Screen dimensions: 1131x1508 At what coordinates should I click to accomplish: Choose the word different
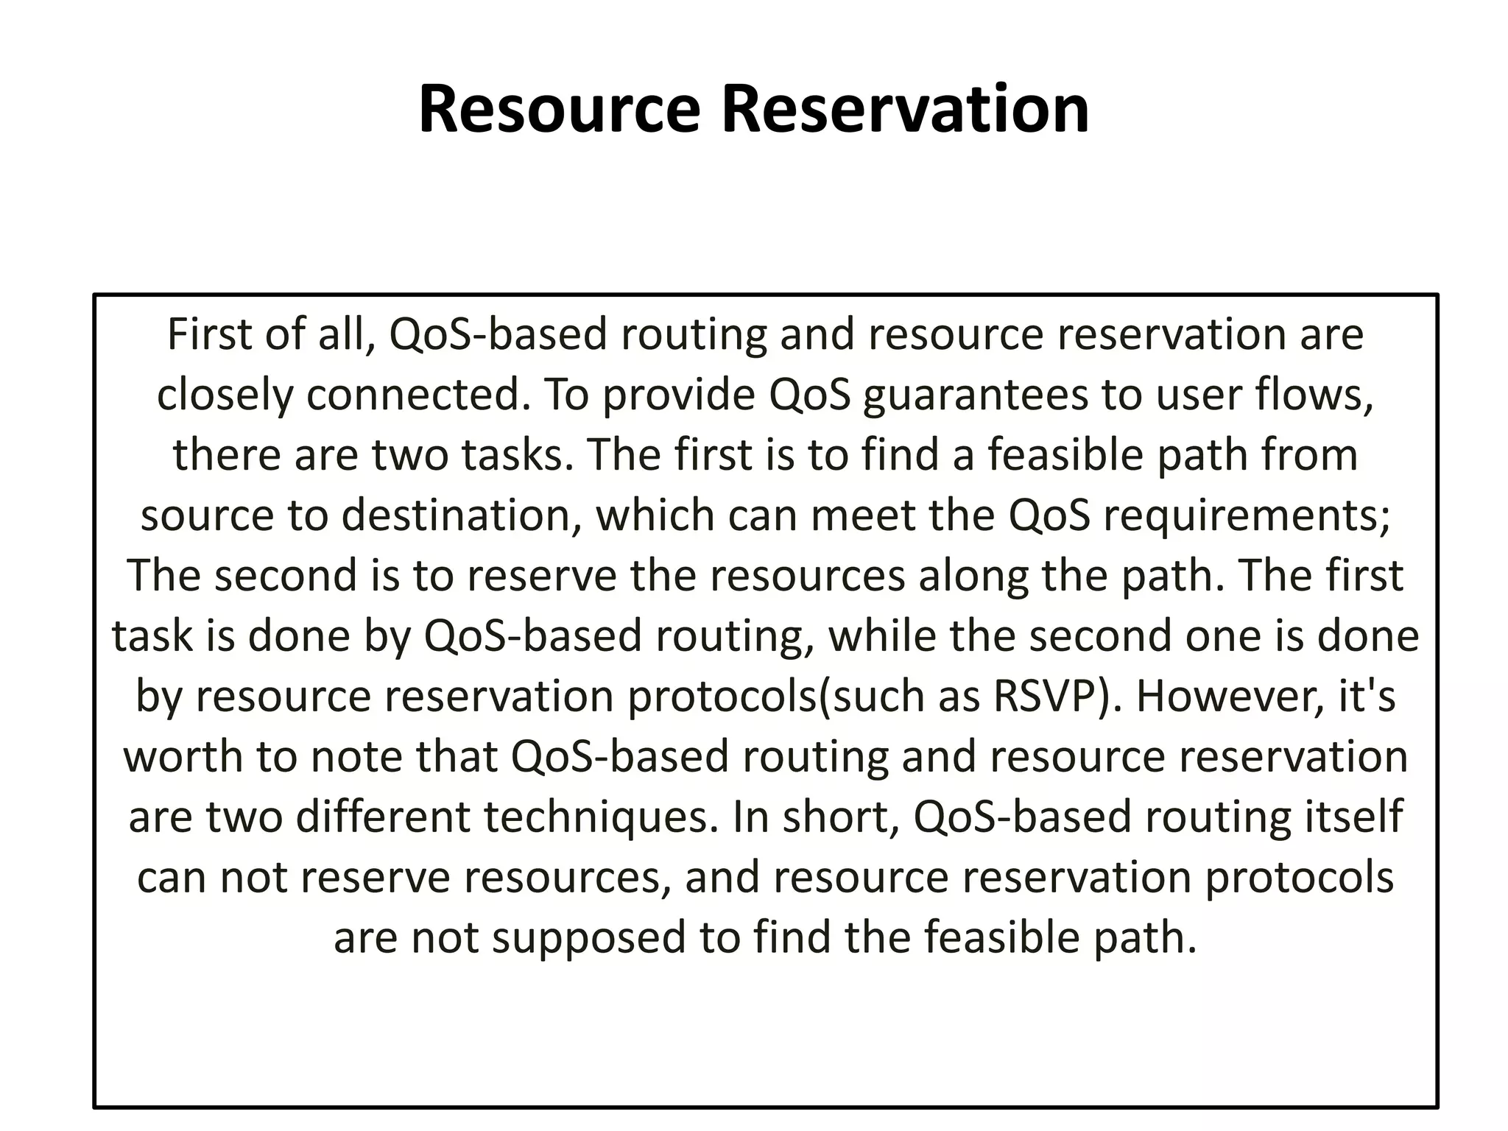point(382,817)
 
